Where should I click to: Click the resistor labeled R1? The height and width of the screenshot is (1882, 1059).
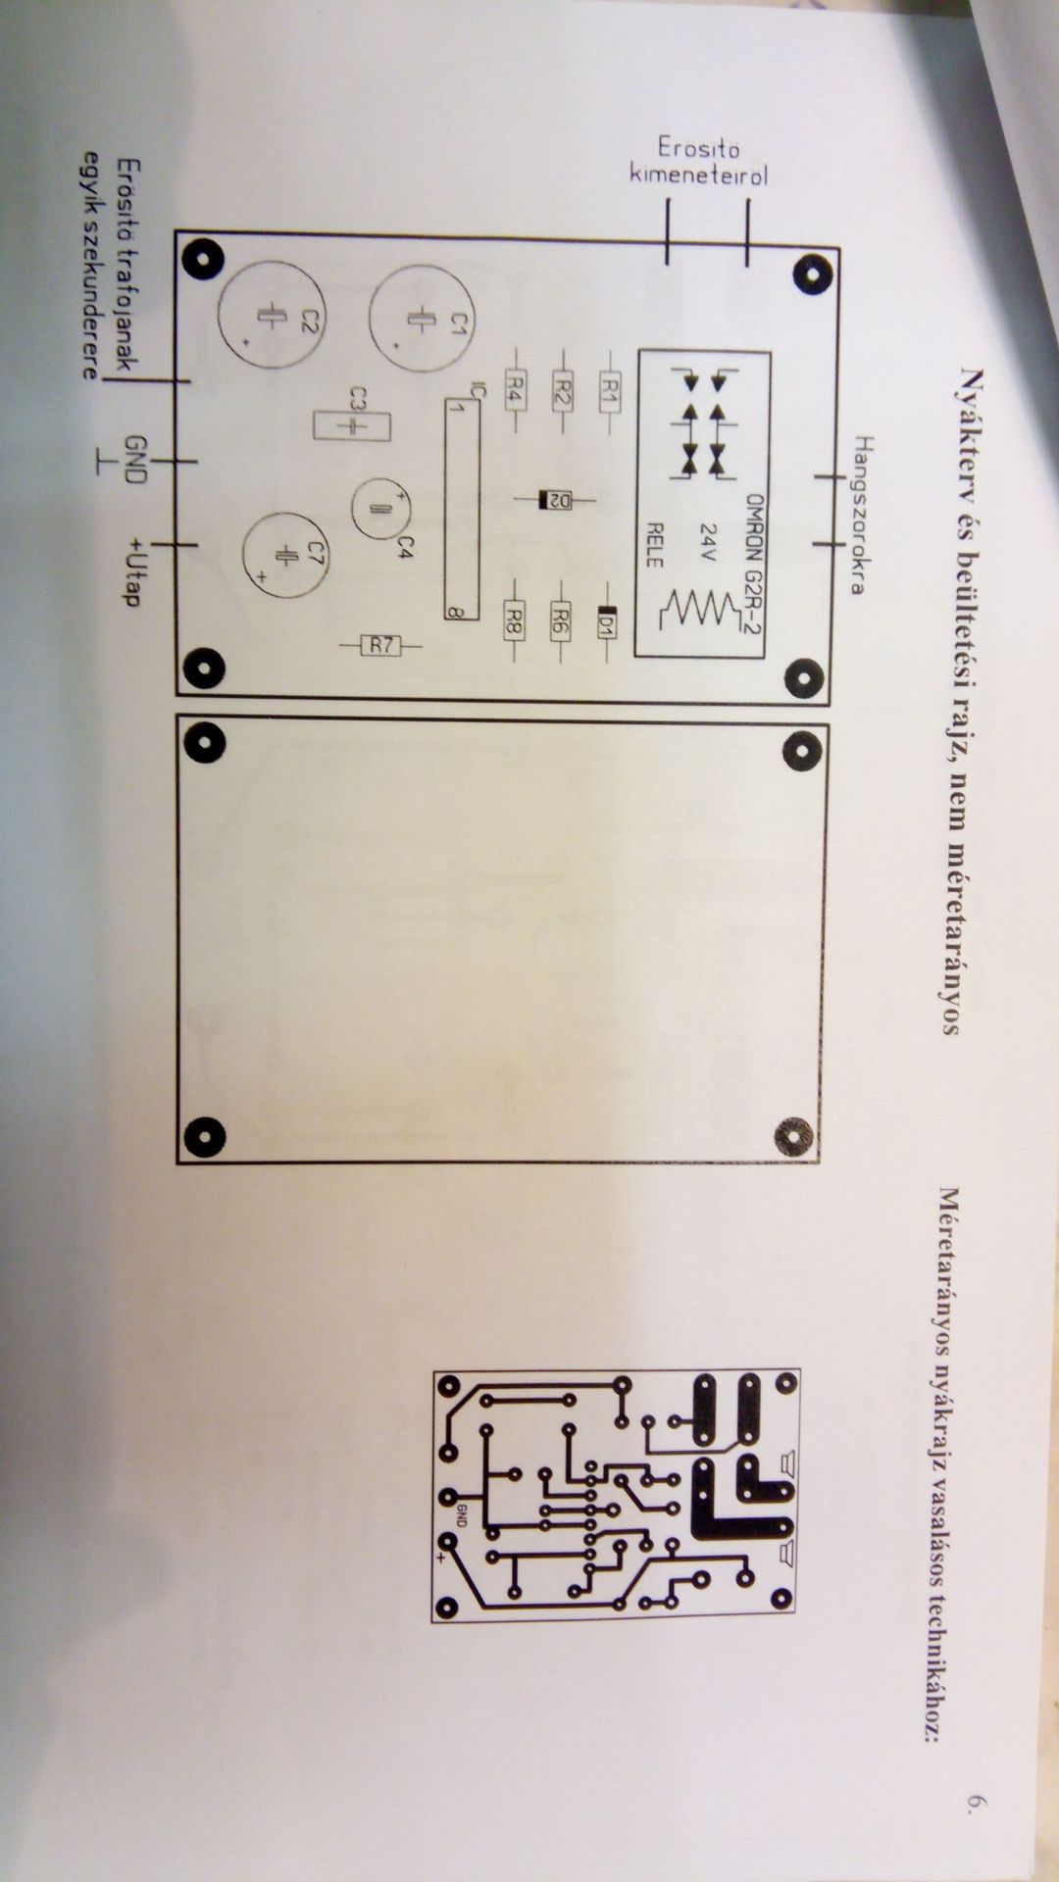click(609, 393)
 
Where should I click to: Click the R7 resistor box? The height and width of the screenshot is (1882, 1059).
click(381, 645)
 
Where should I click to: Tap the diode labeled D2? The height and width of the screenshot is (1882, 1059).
click(556, 500)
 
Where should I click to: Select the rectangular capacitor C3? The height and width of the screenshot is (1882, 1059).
click(351, 425)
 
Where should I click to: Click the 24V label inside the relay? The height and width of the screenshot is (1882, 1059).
click(705, 542)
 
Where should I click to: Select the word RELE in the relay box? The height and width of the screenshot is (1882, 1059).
click(654, 545)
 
